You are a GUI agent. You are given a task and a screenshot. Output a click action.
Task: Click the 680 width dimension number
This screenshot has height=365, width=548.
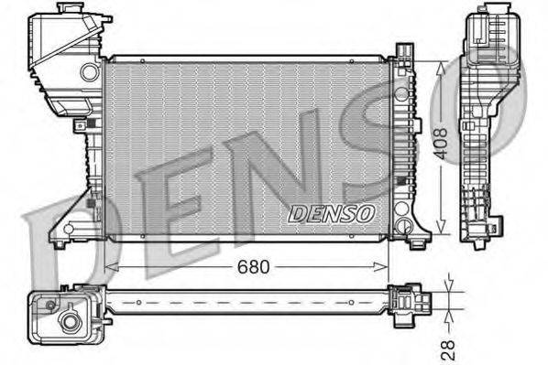tap(255, 267)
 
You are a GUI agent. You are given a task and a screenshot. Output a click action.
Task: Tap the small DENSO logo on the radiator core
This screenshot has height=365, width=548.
tap(331, 213)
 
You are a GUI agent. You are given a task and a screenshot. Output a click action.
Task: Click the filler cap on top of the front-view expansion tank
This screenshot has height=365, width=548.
tap(69, 11)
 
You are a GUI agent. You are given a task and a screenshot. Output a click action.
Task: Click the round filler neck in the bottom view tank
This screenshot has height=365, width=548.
tap(70, 322)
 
